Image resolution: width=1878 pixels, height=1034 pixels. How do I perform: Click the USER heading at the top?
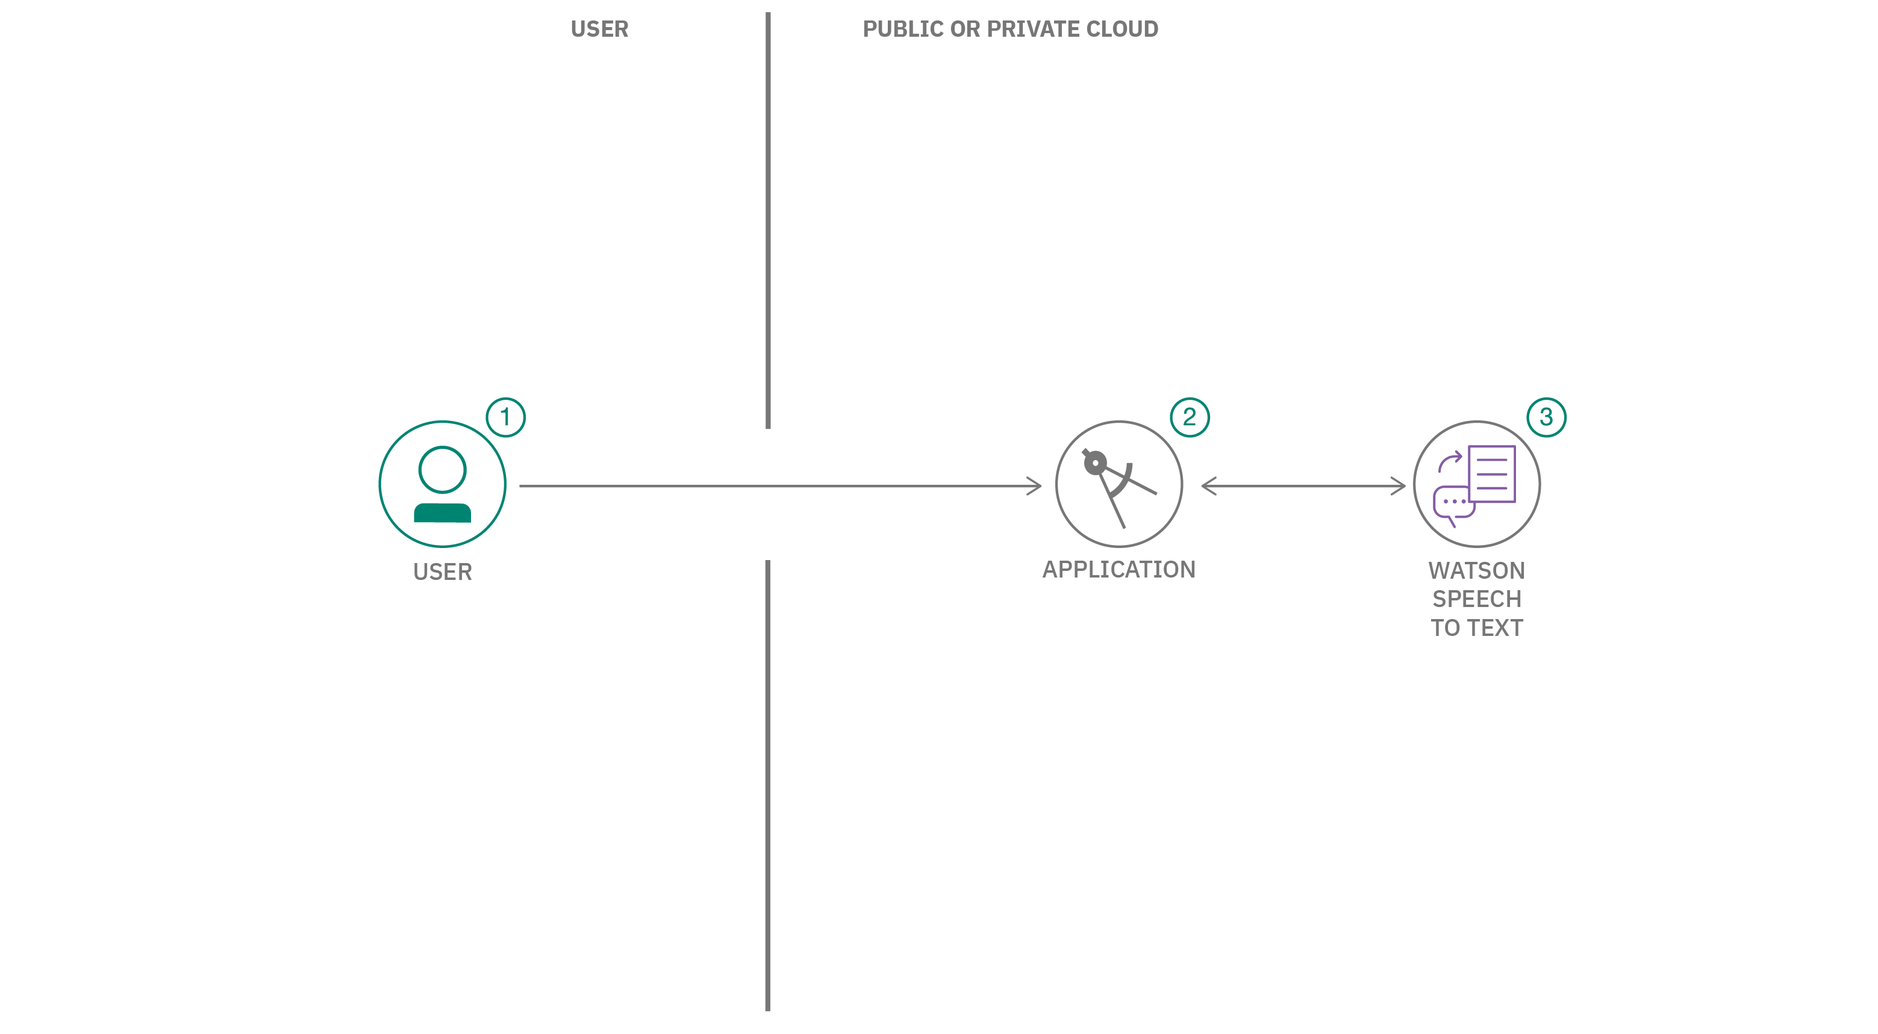click(599, 29)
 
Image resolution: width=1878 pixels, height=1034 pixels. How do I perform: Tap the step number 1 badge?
click(505, 417)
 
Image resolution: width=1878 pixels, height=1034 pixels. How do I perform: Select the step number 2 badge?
click(1189, 417)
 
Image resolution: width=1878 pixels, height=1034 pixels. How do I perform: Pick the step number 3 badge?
click(1546, 417)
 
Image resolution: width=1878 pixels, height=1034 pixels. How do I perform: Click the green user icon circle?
click(443, 484)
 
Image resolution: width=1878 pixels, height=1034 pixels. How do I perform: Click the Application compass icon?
click(1118, 484)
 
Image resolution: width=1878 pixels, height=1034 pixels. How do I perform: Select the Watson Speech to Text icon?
click(1476, 484)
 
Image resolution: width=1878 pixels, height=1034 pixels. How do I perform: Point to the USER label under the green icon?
click(443, 572)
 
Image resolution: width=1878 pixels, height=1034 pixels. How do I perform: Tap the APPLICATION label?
click(1118, 569)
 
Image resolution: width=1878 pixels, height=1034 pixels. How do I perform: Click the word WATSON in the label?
click(1476, 570)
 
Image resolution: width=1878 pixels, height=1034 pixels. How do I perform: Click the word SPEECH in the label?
click(1476, 599)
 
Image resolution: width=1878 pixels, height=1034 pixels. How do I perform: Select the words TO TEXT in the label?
click(1476, 628)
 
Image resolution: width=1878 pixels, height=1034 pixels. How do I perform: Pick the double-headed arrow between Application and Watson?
click(1303, 486)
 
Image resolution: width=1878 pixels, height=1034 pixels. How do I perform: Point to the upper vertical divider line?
click(768, 219)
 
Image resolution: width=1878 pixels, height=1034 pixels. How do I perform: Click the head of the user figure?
click(443, 469)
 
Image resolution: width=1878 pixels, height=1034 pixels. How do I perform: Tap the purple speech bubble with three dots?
click(1453, 503)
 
